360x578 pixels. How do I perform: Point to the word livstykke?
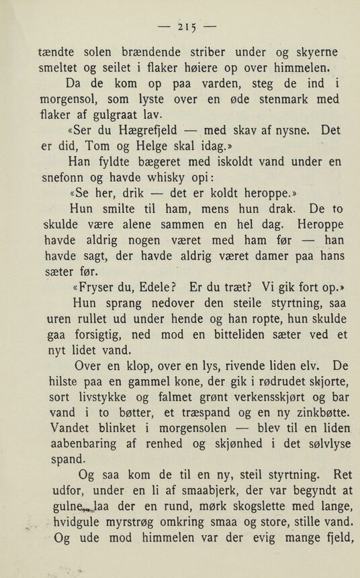(110, 395)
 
